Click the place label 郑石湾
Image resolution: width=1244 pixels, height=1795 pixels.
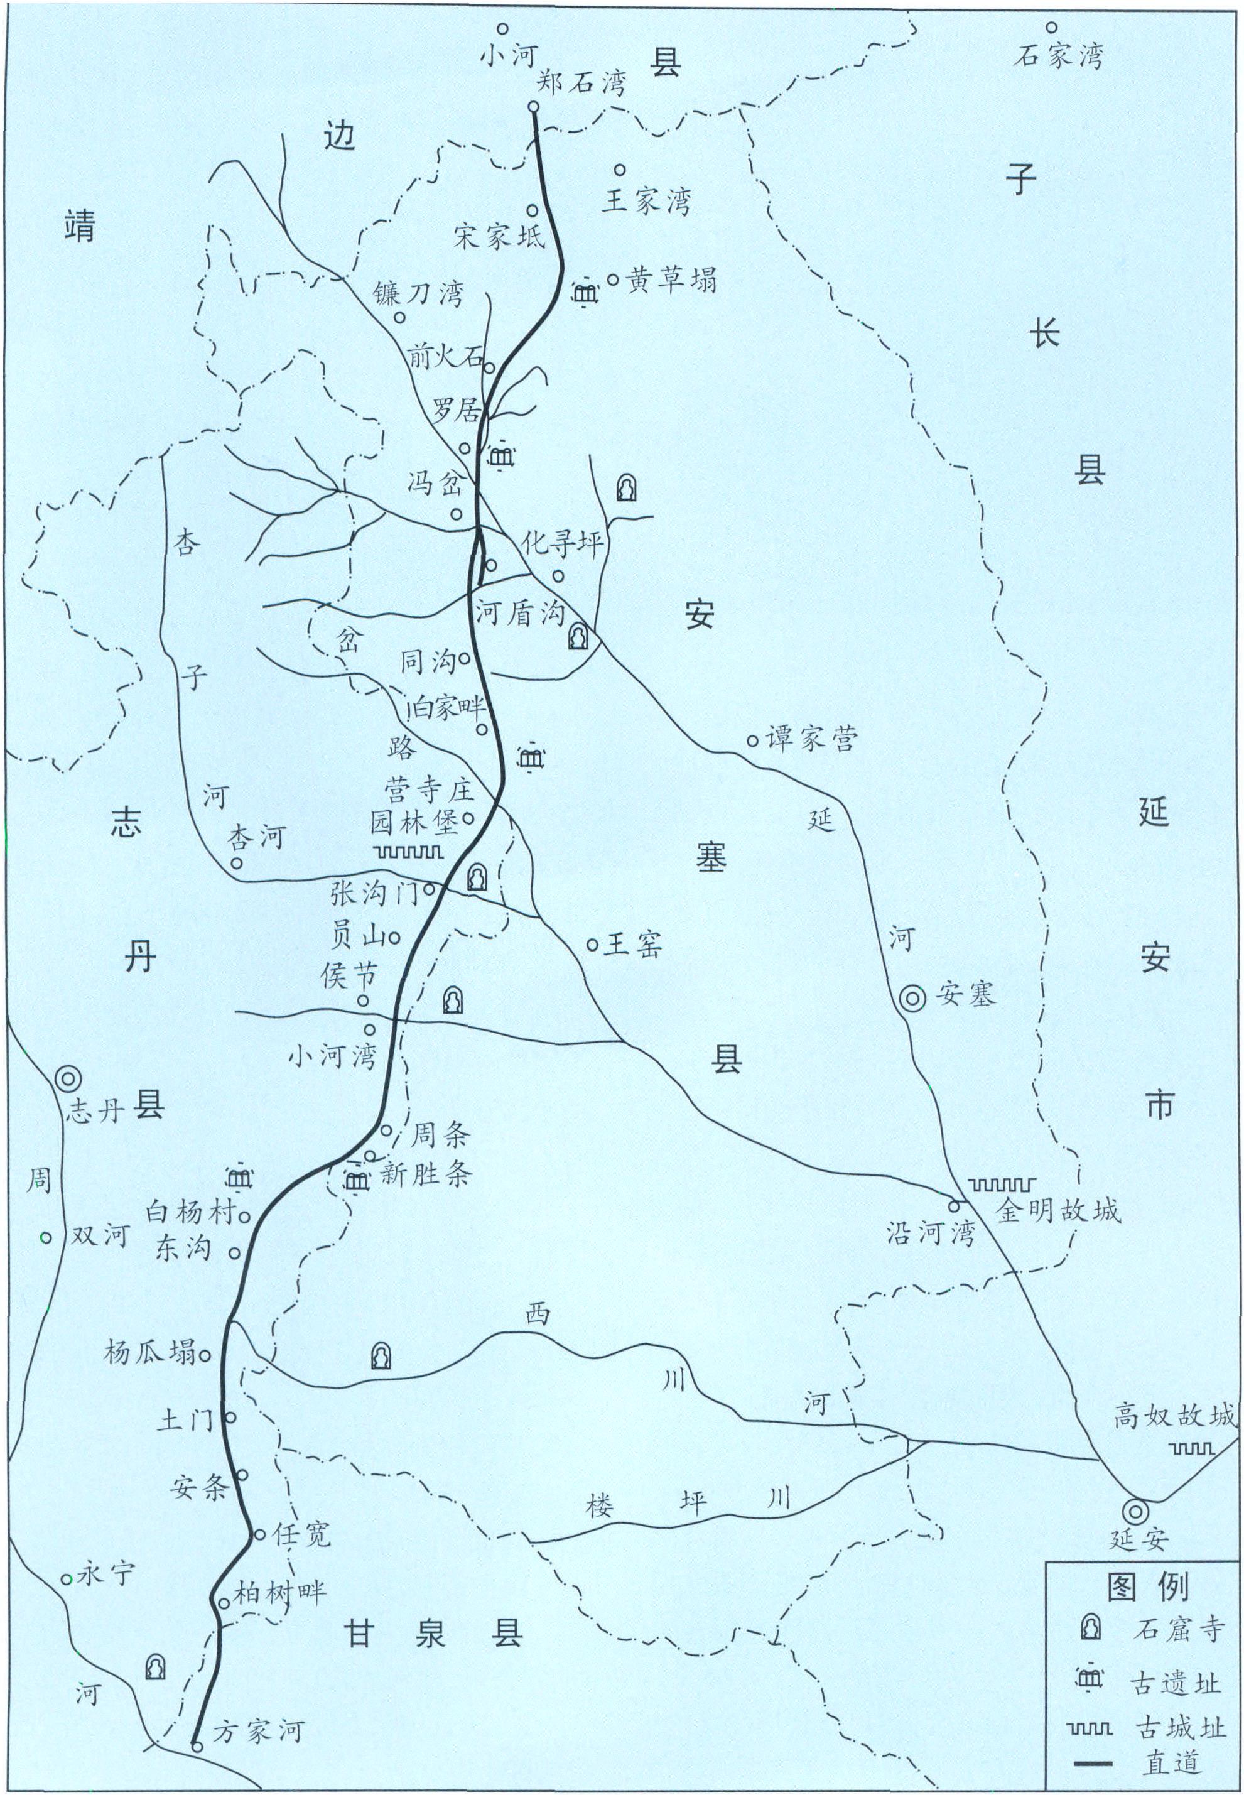point(581,83)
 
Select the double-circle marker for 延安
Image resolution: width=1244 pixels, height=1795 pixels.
point(1135,1510)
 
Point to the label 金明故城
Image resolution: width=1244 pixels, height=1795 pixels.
point(1057,1210)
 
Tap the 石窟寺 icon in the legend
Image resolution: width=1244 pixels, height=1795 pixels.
point(1090,1627)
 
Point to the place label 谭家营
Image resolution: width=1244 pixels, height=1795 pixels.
point(811,737)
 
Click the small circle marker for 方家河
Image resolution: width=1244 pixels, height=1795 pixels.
point(197,1747)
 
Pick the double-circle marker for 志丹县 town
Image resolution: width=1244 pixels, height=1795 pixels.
point(68,1079)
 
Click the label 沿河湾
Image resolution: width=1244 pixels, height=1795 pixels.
point(930,1233)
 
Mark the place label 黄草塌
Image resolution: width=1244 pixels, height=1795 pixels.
point(671,279)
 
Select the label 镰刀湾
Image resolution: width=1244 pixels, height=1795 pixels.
point(418,293)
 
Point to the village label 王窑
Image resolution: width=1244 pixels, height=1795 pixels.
point(634,945)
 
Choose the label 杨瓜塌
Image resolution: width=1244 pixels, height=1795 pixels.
point(149,1352)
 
